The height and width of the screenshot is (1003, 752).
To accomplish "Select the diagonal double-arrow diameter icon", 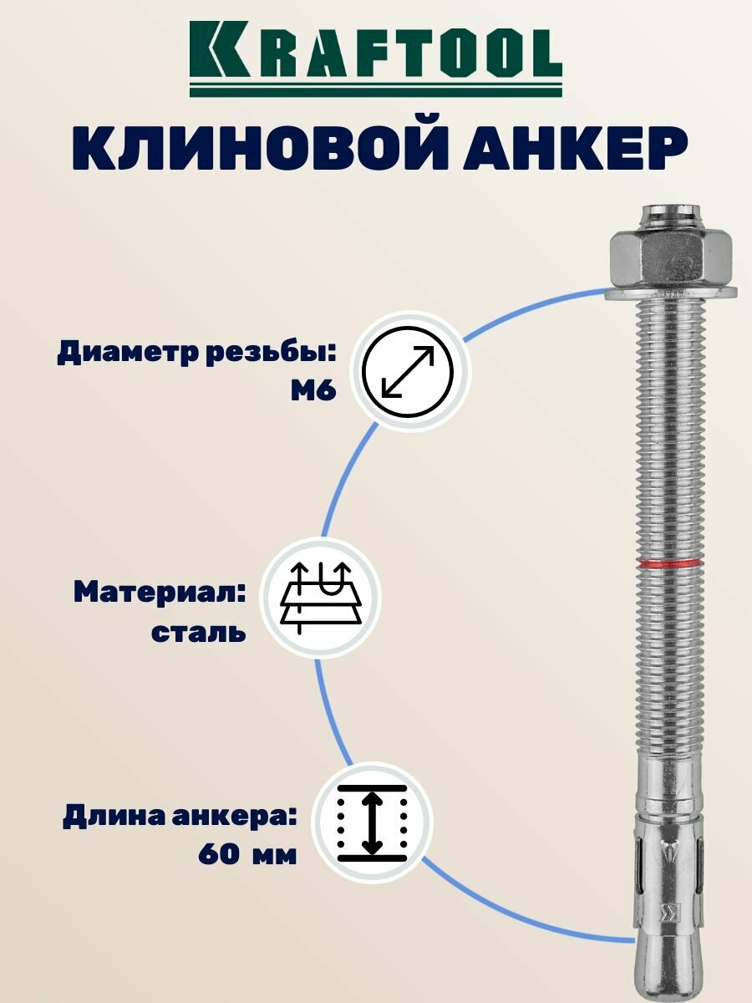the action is tap(409, 371).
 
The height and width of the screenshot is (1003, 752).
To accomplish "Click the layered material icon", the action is tap(321, 598).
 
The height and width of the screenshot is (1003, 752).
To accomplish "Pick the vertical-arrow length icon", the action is tap(372, 822).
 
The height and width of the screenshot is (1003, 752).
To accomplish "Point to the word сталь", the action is tap(199, 632).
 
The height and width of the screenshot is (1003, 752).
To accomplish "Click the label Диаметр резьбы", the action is tap(196, 354).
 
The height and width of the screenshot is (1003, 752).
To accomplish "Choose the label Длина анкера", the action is tap(180, 816).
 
